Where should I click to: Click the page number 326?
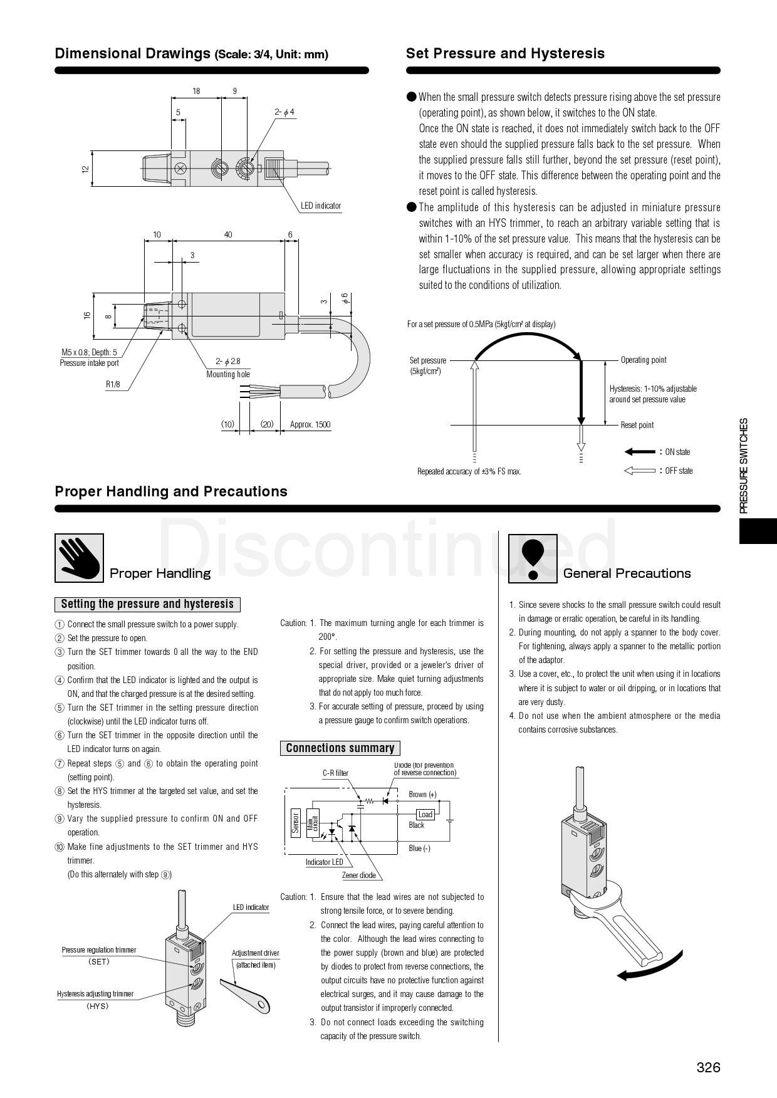(708, 1067)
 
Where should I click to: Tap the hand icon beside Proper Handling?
(79, 558)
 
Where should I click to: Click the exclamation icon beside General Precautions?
(532, 558)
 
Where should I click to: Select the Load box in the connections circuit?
(425, 814)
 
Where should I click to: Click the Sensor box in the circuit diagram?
(296, 823)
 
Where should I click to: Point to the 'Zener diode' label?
(358, 876)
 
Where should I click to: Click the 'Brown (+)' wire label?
(422, 794)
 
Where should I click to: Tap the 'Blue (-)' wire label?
(419, 849)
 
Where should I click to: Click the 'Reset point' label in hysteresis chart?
(637, 425)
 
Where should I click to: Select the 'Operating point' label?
(643, 360)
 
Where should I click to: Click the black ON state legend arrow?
(639, 452)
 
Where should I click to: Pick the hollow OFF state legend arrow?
(639, 471)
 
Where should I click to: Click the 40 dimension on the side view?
(228, 235)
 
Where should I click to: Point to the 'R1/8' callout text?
(113, 384)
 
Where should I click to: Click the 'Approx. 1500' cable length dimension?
(310, 424)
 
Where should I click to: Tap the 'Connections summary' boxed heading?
(340, 748)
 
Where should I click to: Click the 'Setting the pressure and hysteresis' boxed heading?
(147, 604)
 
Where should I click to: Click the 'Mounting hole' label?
(228, 374)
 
